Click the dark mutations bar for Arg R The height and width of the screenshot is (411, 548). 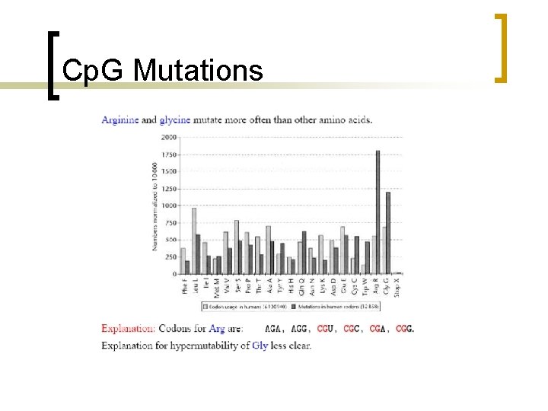pos(378,212)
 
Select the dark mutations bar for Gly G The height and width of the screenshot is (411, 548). pos(388,233)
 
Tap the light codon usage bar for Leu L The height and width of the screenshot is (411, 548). pos(194,241)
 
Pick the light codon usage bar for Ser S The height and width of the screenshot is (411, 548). pos(237,247)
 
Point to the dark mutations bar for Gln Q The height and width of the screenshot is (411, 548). pos(304,253)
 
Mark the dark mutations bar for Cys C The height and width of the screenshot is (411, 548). pos(357,255)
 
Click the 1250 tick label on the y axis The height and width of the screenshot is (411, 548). pos(168,189)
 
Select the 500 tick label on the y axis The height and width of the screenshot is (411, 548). pos(170,240)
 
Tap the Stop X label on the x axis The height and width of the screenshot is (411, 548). pos(397,285)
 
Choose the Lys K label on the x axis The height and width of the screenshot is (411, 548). pos(322,285)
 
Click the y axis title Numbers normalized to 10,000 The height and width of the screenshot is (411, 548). pos(155,205)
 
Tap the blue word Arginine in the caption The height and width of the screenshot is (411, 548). pos(120,119)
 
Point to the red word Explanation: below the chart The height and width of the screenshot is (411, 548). pos(129,329)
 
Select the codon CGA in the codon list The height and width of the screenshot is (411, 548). pos(378,329)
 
